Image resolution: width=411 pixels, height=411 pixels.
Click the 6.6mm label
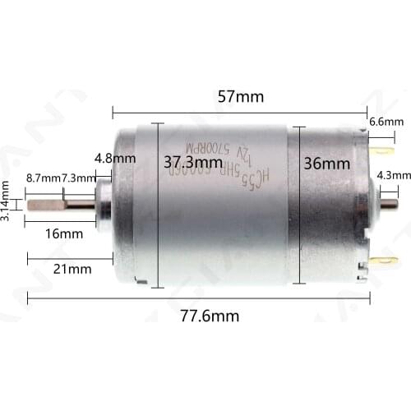coord(386,122)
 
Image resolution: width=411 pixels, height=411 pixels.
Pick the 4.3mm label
coord(389,175)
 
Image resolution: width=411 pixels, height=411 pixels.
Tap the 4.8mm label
coord(109,158)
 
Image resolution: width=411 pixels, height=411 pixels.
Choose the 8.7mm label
coord(44,178)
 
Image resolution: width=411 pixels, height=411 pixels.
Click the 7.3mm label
coord(78,178)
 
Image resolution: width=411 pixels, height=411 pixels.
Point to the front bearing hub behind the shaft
coord(104,205)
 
